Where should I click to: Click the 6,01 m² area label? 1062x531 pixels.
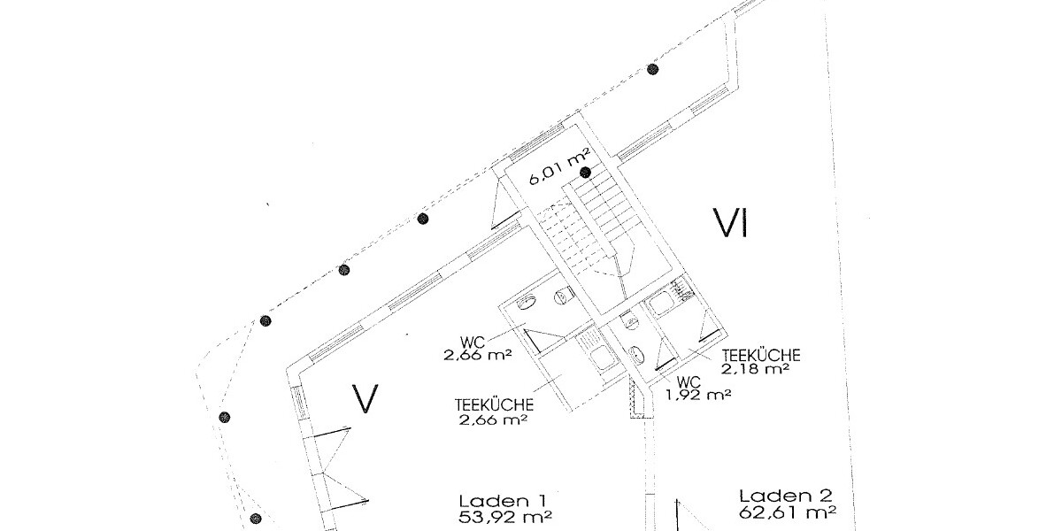point(559,166)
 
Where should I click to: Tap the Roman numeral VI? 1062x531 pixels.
point(731,223)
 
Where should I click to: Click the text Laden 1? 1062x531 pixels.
point(503,501)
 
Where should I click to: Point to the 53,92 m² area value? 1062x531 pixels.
point(505,517)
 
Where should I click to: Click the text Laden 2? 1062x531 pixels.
point(786,496)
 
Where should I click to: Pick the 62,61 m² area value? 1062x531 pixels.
point(788,512)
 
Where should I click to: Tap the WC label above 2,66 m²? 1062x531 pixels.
point(473,342)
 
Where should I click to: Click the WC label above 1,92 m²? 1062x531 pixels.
point(689,382)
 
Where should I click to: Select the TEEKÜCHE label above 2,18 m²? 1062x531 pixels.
point(761,355)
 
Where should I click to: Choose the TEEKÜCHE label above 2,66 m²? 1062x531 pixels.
point(494,405)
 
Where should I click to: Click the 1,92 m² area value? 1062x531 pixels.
point(698,395)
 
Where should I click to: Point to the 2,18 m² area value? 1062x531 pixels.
point(755,369)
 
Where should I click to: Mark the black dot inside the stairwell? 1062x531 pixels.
point(586,172)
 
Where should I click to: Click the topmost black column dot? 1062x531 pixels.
point(653,69)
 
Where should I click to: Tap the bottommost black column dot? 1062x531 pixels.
point(256,519)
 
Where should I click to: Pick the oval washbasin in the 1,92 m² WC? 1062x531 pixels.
point(635,354)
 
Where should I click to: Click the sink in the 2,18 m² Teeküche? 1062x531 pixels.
point(662,304)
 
